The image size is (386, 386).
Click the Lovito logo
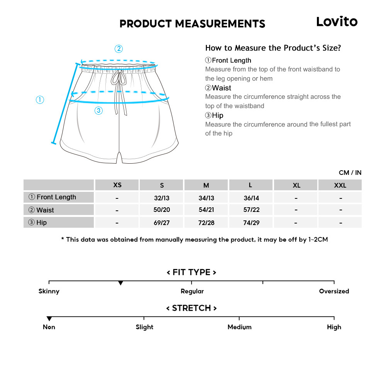tap(337, 22)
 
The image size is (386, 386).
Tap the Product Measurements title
tap(192, 24)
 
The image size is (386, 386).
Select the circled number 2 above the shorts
tap(119, 49)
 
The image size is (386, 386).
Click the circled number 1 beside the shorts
tap(40, 100)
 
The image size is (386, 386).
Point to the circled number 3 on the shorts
tap(99, 111)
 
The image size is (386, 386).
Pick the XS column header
tap(117, 185)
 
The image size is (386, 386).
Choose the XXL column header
tap(340, 185)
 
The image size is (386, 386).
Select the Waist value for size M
tap(206, 210)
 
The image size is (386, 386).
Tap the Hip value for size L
tap(251, 223)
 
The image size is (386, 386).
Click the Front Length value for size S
tap(162, 198)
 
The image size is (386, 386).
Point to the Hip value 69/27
tap(162, 223)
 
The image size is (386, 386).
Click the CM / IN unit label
tap(350, 173)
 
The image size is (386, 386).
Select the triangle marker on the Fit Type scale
tap(120, 283)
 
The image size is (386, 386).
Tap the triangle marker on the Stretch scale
tap(49, 319)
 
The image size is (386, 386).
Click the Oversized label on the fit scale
tap(334, 291)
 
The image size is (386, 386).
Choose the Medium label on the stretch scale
tap(239, 327)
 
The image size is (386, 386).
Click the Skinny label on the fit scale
tap(49, 291)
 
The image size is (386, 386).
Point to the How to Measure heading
tap(273, 48)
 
